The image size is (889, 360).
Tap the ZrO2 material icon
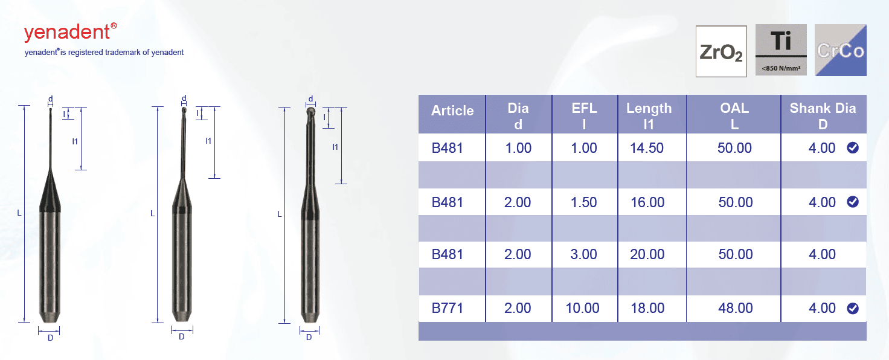[x=721, y=51]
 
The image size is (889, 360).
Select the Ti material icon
[x=781, y=50]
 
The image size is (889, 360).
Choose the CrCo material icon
[x=841, y=50]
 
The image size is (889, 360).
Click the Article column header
[x=452, y=111]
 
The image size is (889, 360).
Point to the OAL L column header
[x=734, y=116]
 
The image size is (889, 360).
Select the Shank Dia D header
[x=823, y=116]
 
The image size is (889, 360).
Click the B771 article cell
[x=448, y=308]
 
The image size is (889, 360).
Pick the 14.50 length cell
[x=647, y=148]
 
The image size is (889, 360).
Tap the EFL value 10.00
[x=582, y=308]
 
